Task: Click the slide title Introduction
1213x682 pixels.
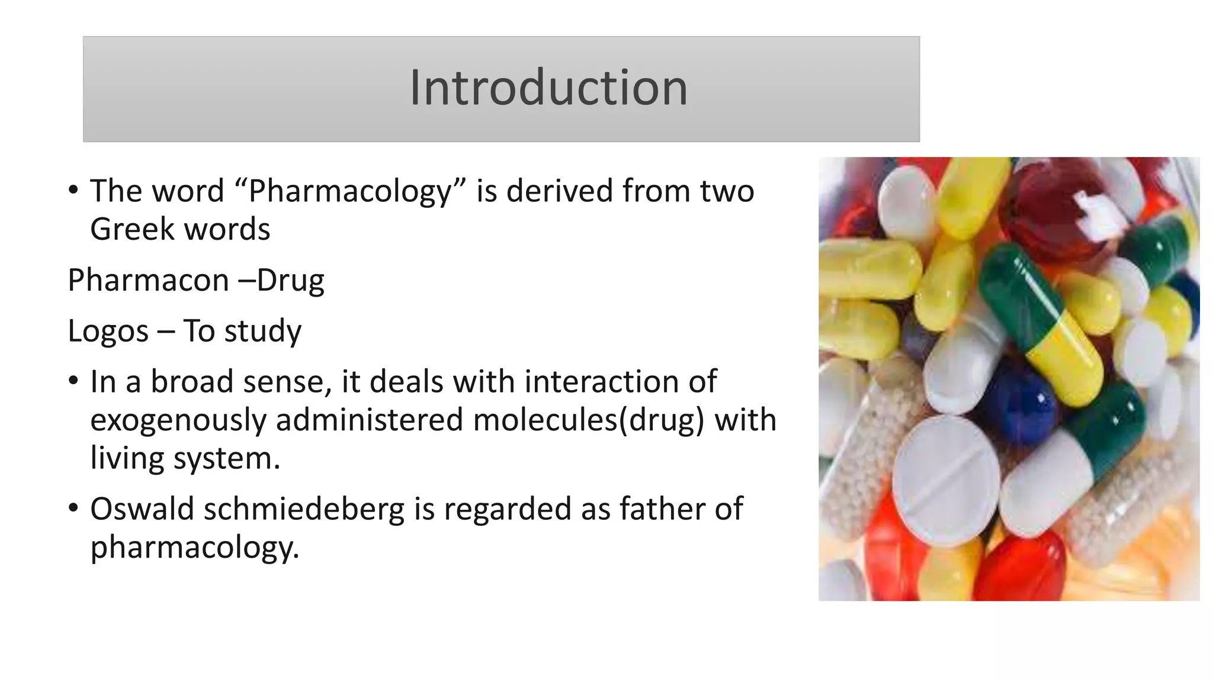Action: pos(548,88)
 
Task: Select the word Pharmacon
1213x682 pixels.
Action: pos(148,280)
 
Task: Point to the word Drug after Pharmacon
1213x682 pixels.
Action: pos(290,281)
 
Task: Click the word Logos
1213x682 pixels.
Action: pos(108,332)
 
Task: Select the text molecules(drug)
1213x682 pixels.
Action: pos(589,421)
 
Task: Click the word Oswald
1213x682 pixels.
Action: pos(142,509)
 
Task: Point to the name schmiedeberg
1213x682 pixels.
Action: pos(304,510)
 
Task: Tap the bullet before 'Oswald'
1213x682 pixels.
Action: pos(73,508)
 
